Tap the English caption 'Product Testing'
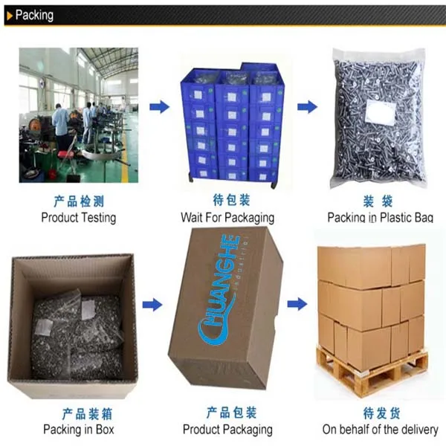click(x=78, y=218)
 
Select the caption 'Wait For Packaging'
click(x=227, y=218)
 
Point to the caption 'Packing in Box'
click(x=78, y=429)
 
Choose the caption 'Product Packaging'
click(x=227, y=429)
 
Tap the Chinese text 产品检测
click(x=78, y=201)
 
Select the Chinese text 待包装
click(x=227, y=201)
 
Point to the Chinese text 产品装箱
click(x=78, y=413)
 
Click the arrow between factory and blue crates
click(x=159, y=107)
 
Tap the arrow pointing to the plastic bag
click(x=307, y=107)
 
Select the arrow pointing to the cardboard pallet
click(x=297, y=303)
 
